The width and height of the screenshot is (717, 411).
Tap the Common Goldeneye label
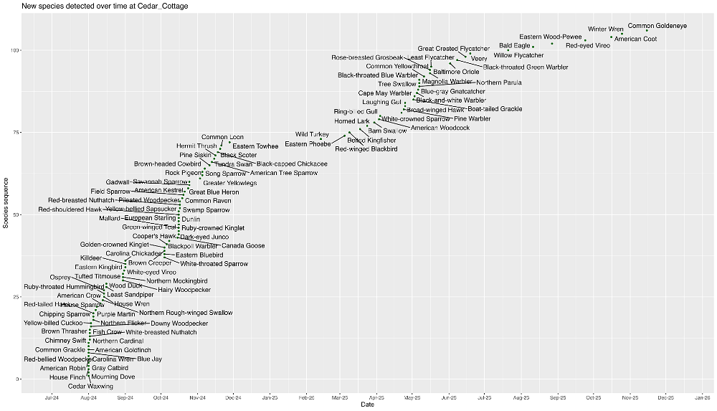coord(657,26)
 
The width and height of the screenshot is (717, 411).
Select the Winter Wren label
coord(606,29)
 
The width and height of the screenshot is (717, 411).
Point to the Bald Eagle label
coord(515,46)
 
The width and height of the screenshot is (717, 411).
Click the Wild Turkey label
coord(312,135)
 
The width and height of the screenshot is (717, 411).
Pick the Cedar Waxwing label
coord(90,387)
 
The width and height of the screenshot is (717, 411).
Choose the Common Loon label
coord(222,137)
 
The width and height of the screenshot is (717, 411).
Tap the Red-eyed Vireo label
coord(588,46)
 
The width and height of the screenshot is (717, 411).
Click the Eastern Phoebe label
coord(308,144)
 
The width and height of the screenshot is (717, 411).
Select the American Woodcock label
coord(440,128)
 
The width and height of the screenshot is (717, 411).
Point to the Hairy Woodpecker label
coord(184,290)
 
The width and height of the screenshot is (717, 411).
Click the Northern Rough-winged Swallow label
coord(186,313)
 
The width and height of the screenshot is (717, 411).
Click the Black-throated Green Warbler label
coord(526,67)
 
